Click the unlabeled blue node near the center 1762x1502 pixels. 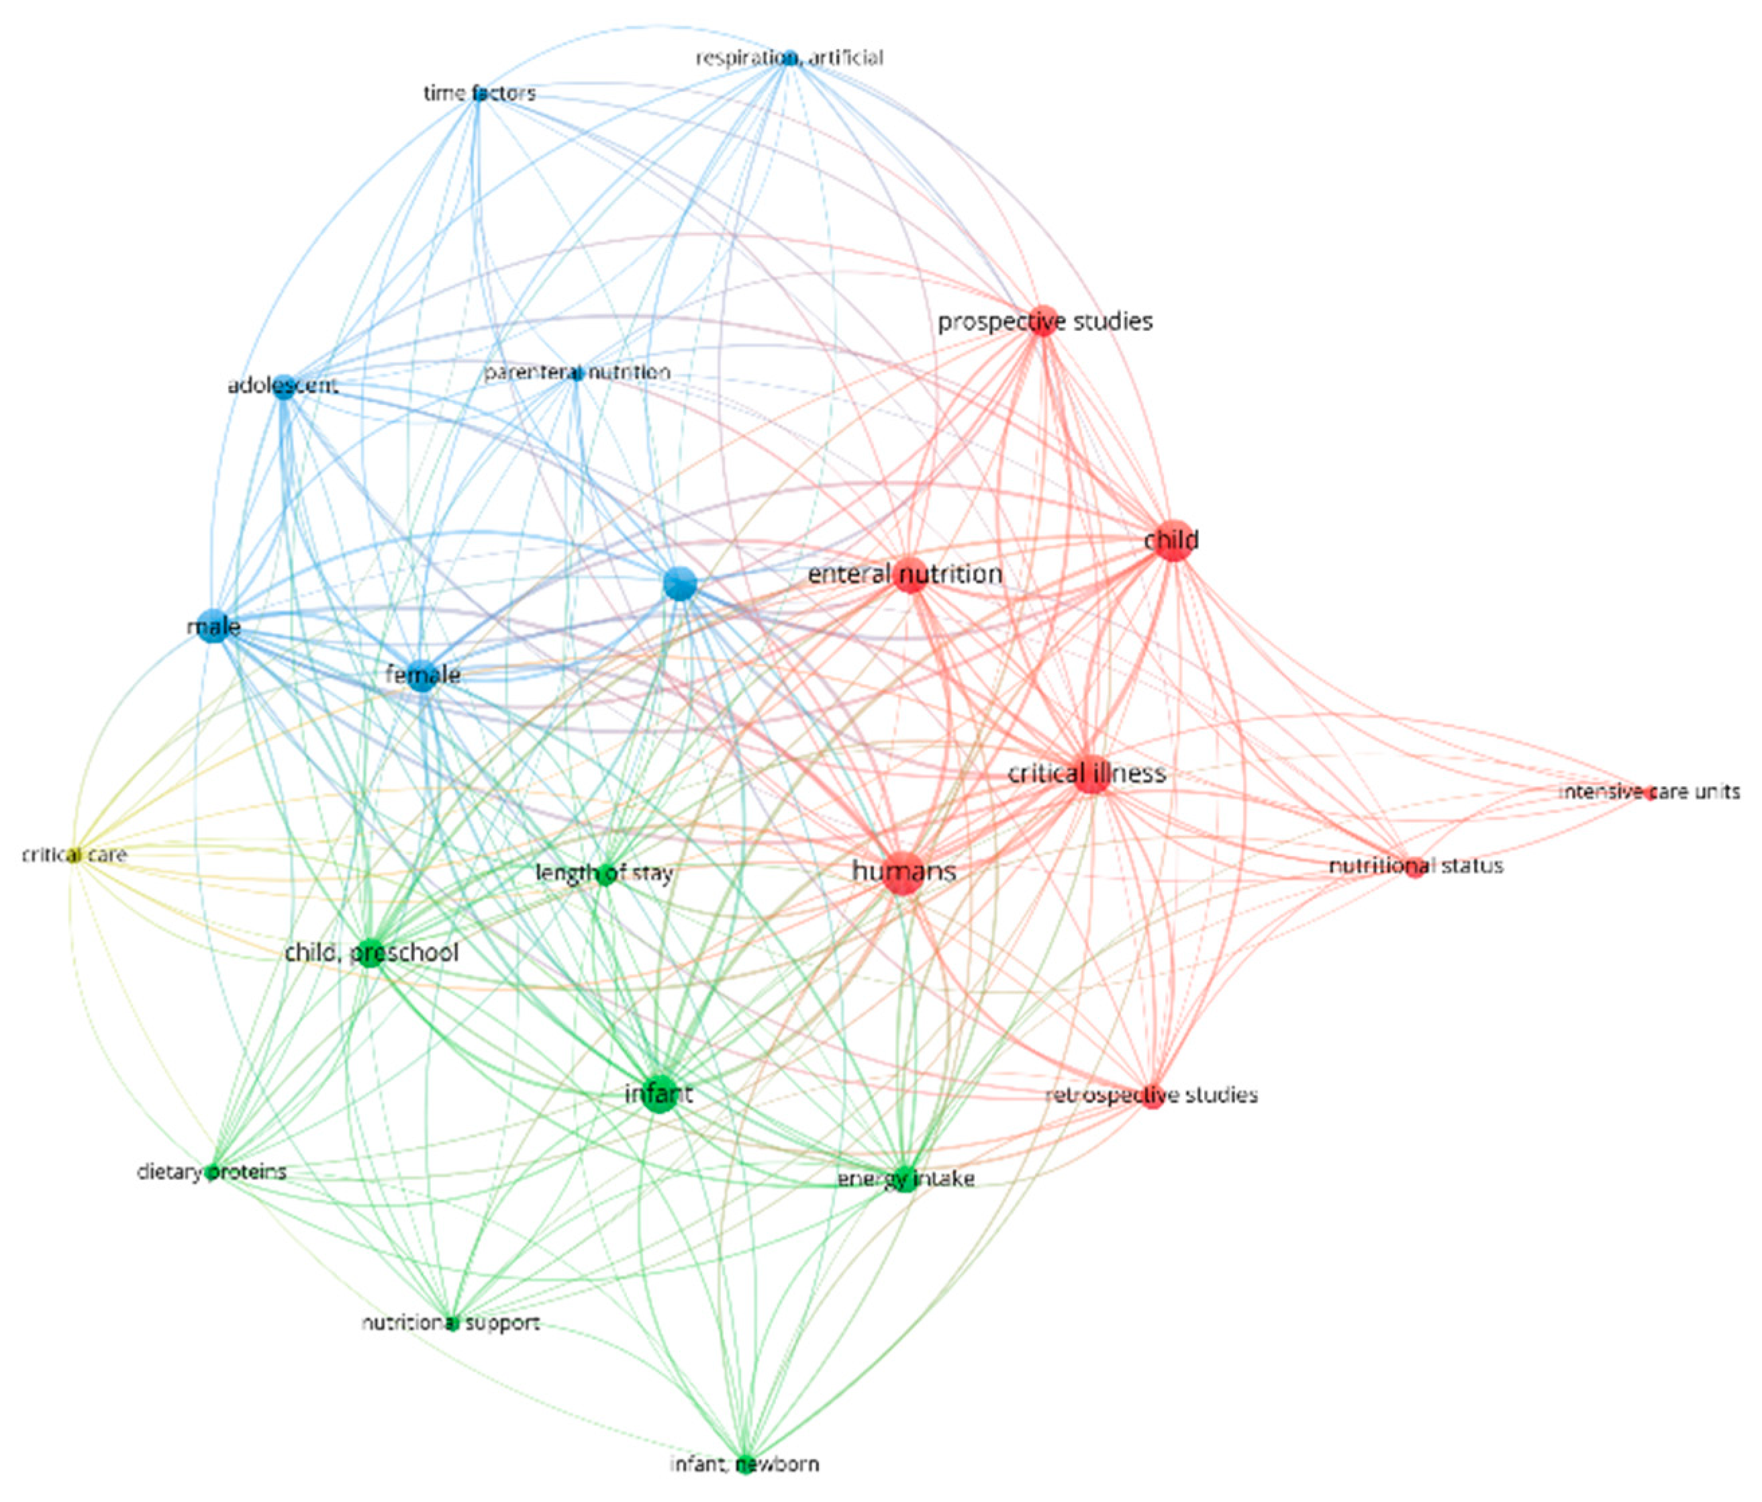681,583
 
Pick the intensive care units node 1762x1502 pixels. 1651,794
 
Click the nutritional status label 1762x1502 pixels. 1416,866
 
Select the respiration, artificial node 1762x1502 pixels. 790,58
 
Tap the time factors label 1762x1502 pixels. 480,93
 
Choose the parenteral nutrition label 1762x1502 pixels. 577,373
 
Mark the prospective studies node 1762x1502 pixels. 1042,322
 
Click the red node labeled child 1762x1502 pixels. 1173,540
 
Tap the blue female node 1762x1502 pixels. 422,675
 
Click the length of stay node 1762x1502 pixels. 606,874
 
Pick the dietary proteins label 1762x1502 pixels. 211,1172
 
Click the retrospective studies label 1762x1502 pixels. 1151,1094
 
